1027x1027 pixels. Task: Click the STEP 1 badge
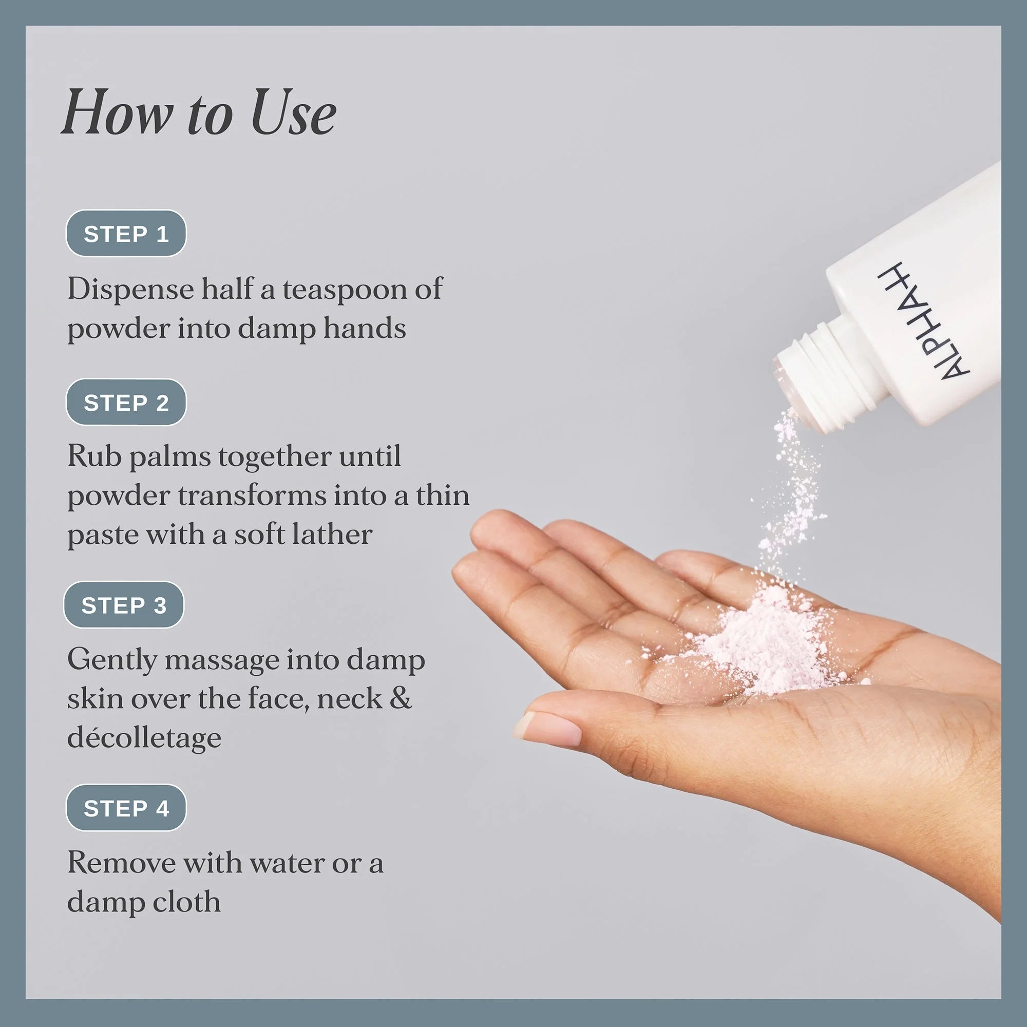click(x=126, y=233)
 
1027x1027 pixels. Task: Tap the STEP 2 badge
click(x=126, y=403)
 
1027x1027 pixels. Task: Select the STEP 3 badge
click(x=124, y=605)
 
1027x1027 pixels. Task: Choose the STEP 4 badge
click(x=126, y=807)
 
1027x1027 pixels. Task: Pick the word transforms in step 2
click(x=252, y=496)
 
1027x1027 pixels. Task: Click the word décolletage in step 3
click(x=144, y=738)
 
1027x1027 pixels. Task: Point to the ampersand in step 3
click(x=401, y=698)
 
